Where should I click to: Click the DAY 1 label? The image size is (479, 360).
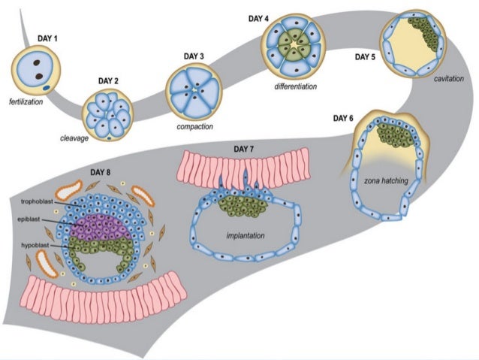[x=49, y=38]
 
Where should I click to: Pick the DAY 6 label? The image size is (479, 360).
[x=345, y=117]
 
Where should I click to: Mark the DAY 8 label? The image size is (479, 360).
[x=104, y=173]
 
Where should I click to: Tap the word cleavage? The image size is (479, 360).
[x=75, y=138]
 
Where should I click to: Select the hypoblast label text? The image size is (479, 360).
[x=35, y=245]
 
